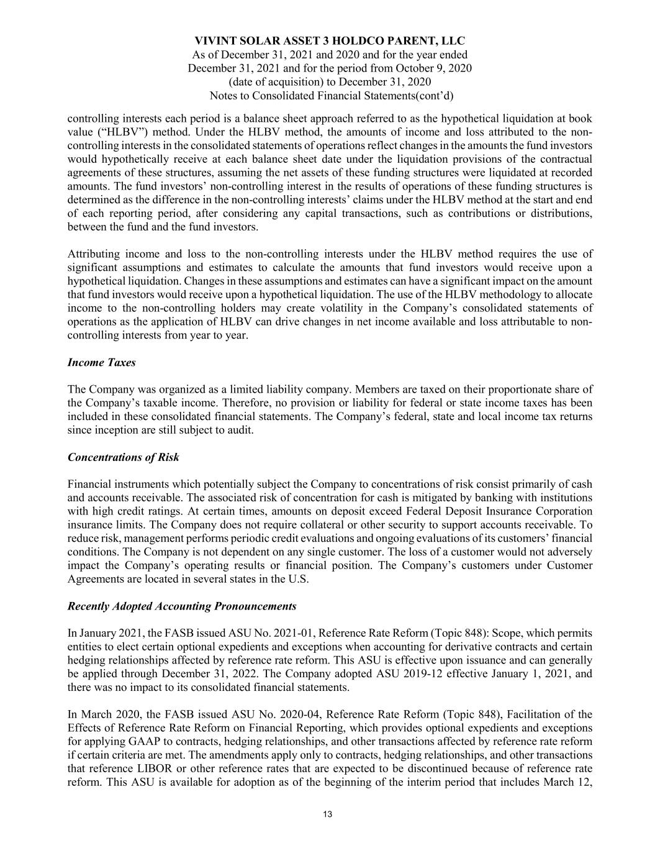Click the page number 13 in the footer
[x=328, y=815]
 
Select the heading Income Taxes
[x=101, y=363]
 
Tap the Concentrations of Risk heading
[x=123, y=457]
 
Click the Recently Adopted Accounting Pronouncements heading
[x=181, y=606]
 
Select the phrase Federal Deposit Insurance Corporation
[x=504, y=511]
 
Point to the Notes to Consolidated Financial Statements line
[x=331, y=96]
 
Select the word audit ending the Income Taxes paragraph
[x=240, y=430]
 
